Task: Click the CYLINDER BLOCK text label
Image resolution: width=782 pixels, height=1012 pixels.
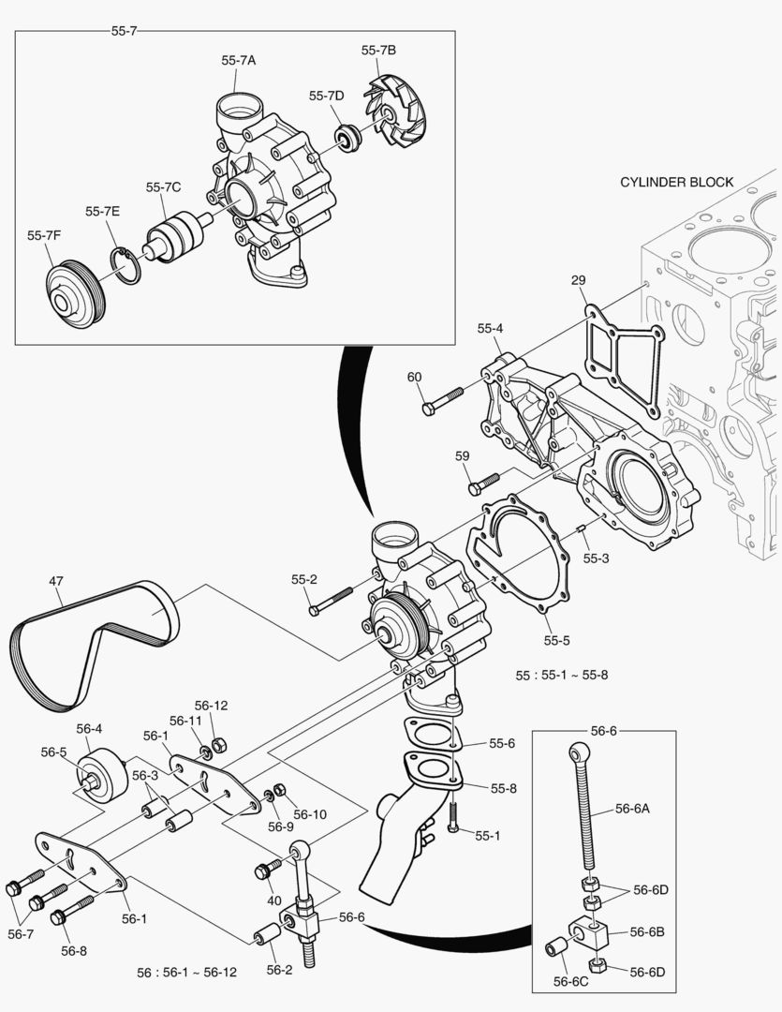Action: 676,182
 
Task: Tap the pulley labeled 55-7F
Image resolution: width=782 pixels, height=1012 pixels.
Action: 76,296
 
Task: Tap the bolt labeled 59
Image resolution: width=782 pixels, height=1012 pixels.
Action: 485,483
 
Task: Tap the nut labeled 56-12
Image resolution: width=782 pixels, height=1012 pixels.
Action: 218,745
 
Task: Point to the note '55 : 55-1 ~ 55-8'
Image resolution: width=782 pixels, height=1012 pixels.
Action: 561,675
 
